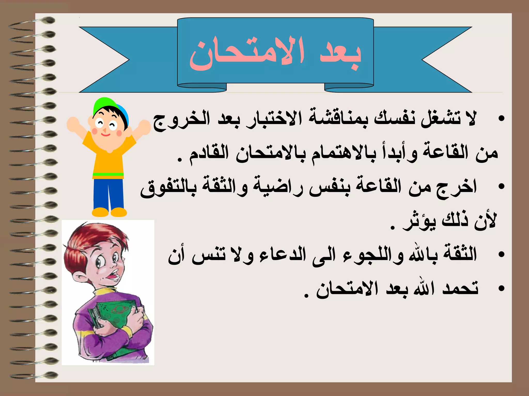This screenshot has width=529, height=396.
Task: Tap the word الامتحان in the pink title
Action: point(247,54)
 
